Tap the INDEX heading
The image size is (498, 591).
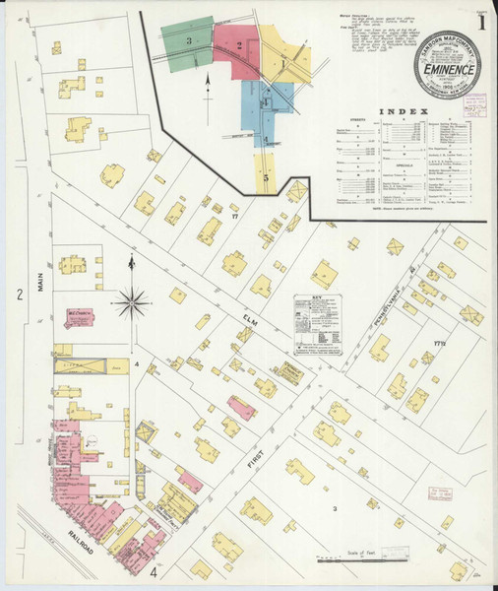coord(408,111)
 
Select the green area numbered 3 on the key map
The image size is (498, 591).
coord(188,43)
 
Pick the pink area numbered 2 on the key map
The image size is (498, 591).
coord(238,44)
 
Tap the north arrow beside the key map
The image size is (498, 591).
coord(208,95)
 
